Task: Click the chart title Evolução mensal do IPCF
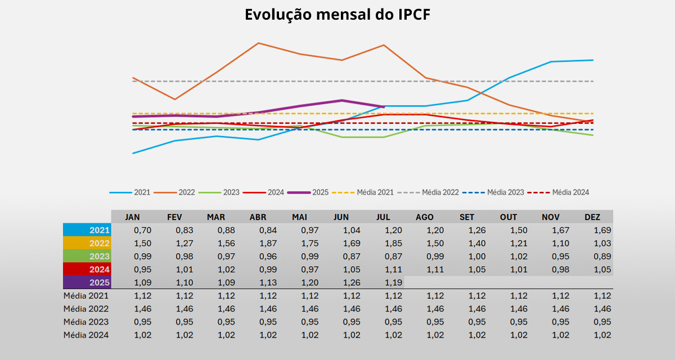click(337, 15)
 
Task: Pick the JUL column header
click(384, 217)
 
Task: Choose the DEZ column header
click(592, 217)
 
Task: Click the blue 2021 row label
click(88, 230)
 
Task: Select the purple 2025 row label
click(88, 282)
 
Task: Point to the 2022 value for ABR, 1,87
click(258, 243)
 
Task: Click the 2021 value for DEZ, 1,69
click(602, 230)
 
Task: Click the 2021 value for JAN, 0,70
click(143, 230)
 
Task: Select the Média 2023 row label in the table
click(86, 322)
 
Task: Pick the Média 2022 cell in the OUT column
click(519, 309)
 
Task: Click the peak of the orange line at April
click(258, 43)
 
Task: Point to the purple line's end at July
click(384, 106)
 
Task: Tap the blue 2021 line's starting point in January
click(133, 153)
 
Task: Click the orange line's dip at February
click(175, 100)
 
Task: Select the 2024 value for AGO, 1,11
click(435, 269)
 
